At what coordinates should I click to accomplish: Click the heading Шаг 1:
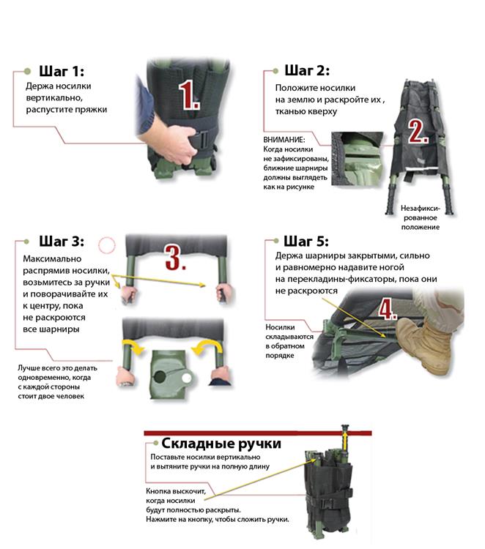pyautogui.click(x=62, y=71)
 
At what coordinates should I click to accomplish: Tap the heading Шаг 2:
pyautogui.click(x=307, y=70)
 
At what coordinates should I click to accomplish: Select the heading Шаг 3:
pyautogui.click(x=62, y=242)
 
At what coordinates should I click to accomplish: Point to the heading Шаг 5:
pyautogui.click(x=306, y=242)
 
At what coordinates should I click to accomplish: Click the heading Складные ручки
pyautogui.click(x=221, y=444)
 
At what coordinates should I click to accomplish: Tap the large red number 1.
pyautogui.click(x=189, y=95)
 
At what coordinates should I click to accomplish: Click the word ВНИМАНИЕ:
pyautogui.click(x=284, y=140)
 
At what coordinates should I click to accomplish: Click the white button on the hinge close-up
pyautogui.click(x=186, y=378)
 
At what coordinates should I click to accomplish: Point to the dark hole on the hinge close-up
pyautogui.click(x=160, y=377)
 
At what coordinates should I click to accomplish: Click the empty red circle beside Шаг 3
pyautogui.click(x=107, y=245)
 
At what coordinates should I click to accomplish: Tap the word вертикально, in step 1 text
pyautogui.click(x=54, y=98)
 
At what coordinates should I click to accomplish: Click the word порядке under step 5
pyautogui.click(x=280, y=356)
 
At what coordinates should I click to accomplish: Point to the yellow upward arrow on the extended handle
pyautogui.click(x=345, y=441)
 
